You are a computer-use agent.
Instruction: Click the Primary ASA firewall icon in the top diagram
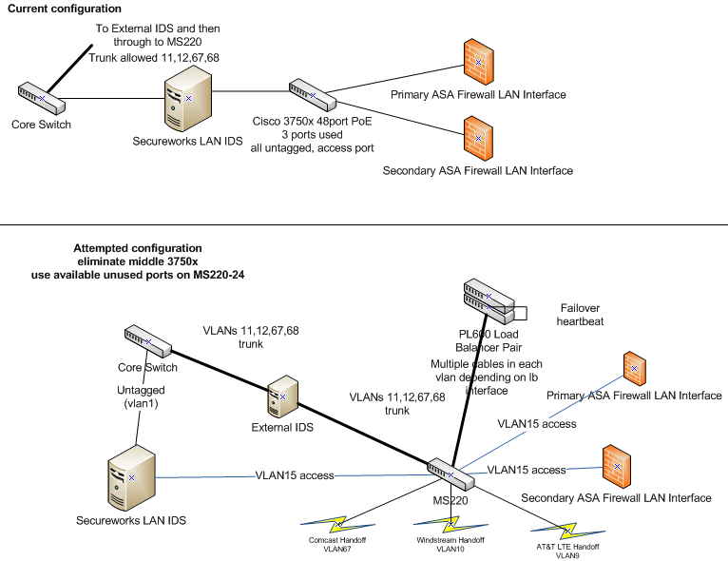(x=477, y=61)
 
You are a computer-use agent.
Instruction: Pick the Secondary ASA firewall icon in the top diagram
(x=477, y=137)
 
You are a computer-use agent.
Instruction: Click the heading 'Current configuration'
(x=65, y=9)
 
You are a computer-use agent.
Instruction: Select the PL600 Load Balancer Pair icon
(x=486, y=300)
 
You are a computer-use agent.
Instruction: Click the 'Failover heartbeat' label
(x=581, y=315)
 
